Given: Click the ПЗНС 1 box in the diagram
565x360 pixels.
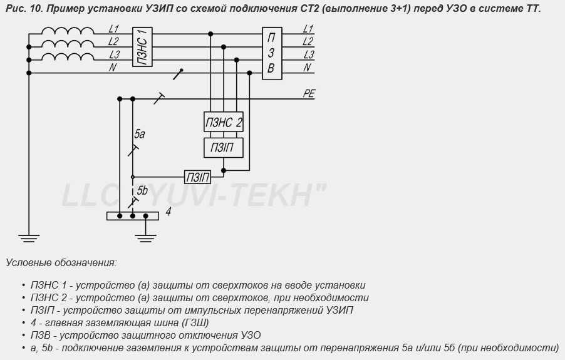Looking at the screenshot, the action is (143, 47).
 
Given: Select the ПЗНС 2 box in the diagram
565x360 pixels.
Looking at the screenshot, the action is (224, 121).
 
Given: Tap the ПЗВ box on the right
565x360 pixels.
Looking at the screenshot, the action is (272, 53).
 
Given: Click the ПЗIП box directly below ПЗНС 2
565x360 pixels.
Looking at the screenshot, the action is (224, 148).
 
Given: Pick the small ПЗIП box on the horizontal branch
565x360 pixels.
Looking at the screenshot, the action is (198, 177).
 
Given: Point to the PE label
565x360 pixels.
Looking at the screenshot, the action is (309, 94).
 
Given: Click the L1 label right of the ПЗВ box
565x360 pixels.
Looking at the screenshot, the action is (308, 28).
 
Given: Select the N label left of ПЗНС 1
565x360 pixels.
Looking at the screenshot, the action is (112, 68).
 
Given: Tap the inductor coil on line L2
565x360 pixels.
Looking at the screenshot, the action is (68, 44).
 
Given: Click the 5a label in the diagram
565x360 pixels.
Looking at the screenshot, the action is (140, 134).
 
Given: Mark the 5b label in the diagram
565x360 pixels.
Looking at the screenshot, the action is (142, 190).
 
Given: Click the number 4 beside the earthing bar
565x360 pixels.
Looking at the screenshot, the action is (168, 212).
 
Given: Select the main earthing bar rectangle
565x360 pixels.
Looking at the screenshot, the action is (133, 216).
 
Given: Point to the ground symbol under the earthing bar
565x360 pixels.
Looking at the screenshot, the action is (145, 239).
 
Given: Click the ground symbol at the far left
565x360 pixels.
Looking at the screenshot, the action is (29, 239).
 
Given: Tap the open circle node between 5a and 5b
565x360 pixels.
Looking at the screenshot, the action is (133, 177).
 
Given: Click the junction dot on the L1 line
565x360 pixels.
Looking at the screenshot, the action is (210, 34).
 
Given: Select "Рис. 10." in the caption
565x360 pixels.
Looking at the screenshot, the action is (25, 9).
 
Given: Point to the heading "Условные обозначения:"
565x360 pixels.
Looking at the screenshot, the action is (61, 262).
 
